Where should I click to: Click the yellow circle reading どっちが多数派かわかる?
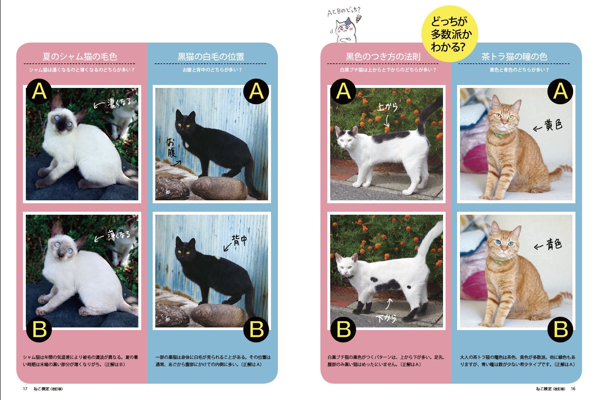click(x=449, y=34)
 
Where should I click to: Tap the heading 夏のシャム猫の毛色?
click(x=80, y=57)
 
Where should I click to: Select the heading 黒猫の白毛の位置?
click(x=211, y=57)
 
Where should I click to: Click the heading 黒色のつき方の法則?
click(x=383, y=57)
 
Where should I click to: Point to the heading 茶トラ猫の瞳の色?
click(x=514, y=57)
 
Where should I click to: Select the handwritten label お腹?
click(x=172, y=148)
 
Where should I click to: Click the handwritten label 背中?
click(x=239, y=241)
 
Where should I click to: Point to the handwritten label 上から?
click(x=387, y=107)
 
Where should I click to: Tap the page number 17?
click(x=25, y=389)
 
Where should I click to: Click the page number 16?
click(x=573, y=389)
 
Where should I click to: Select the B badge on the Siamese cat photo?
click(x=39, y=329)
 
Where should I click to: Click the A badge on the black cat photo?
click(x=256, y=92)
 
